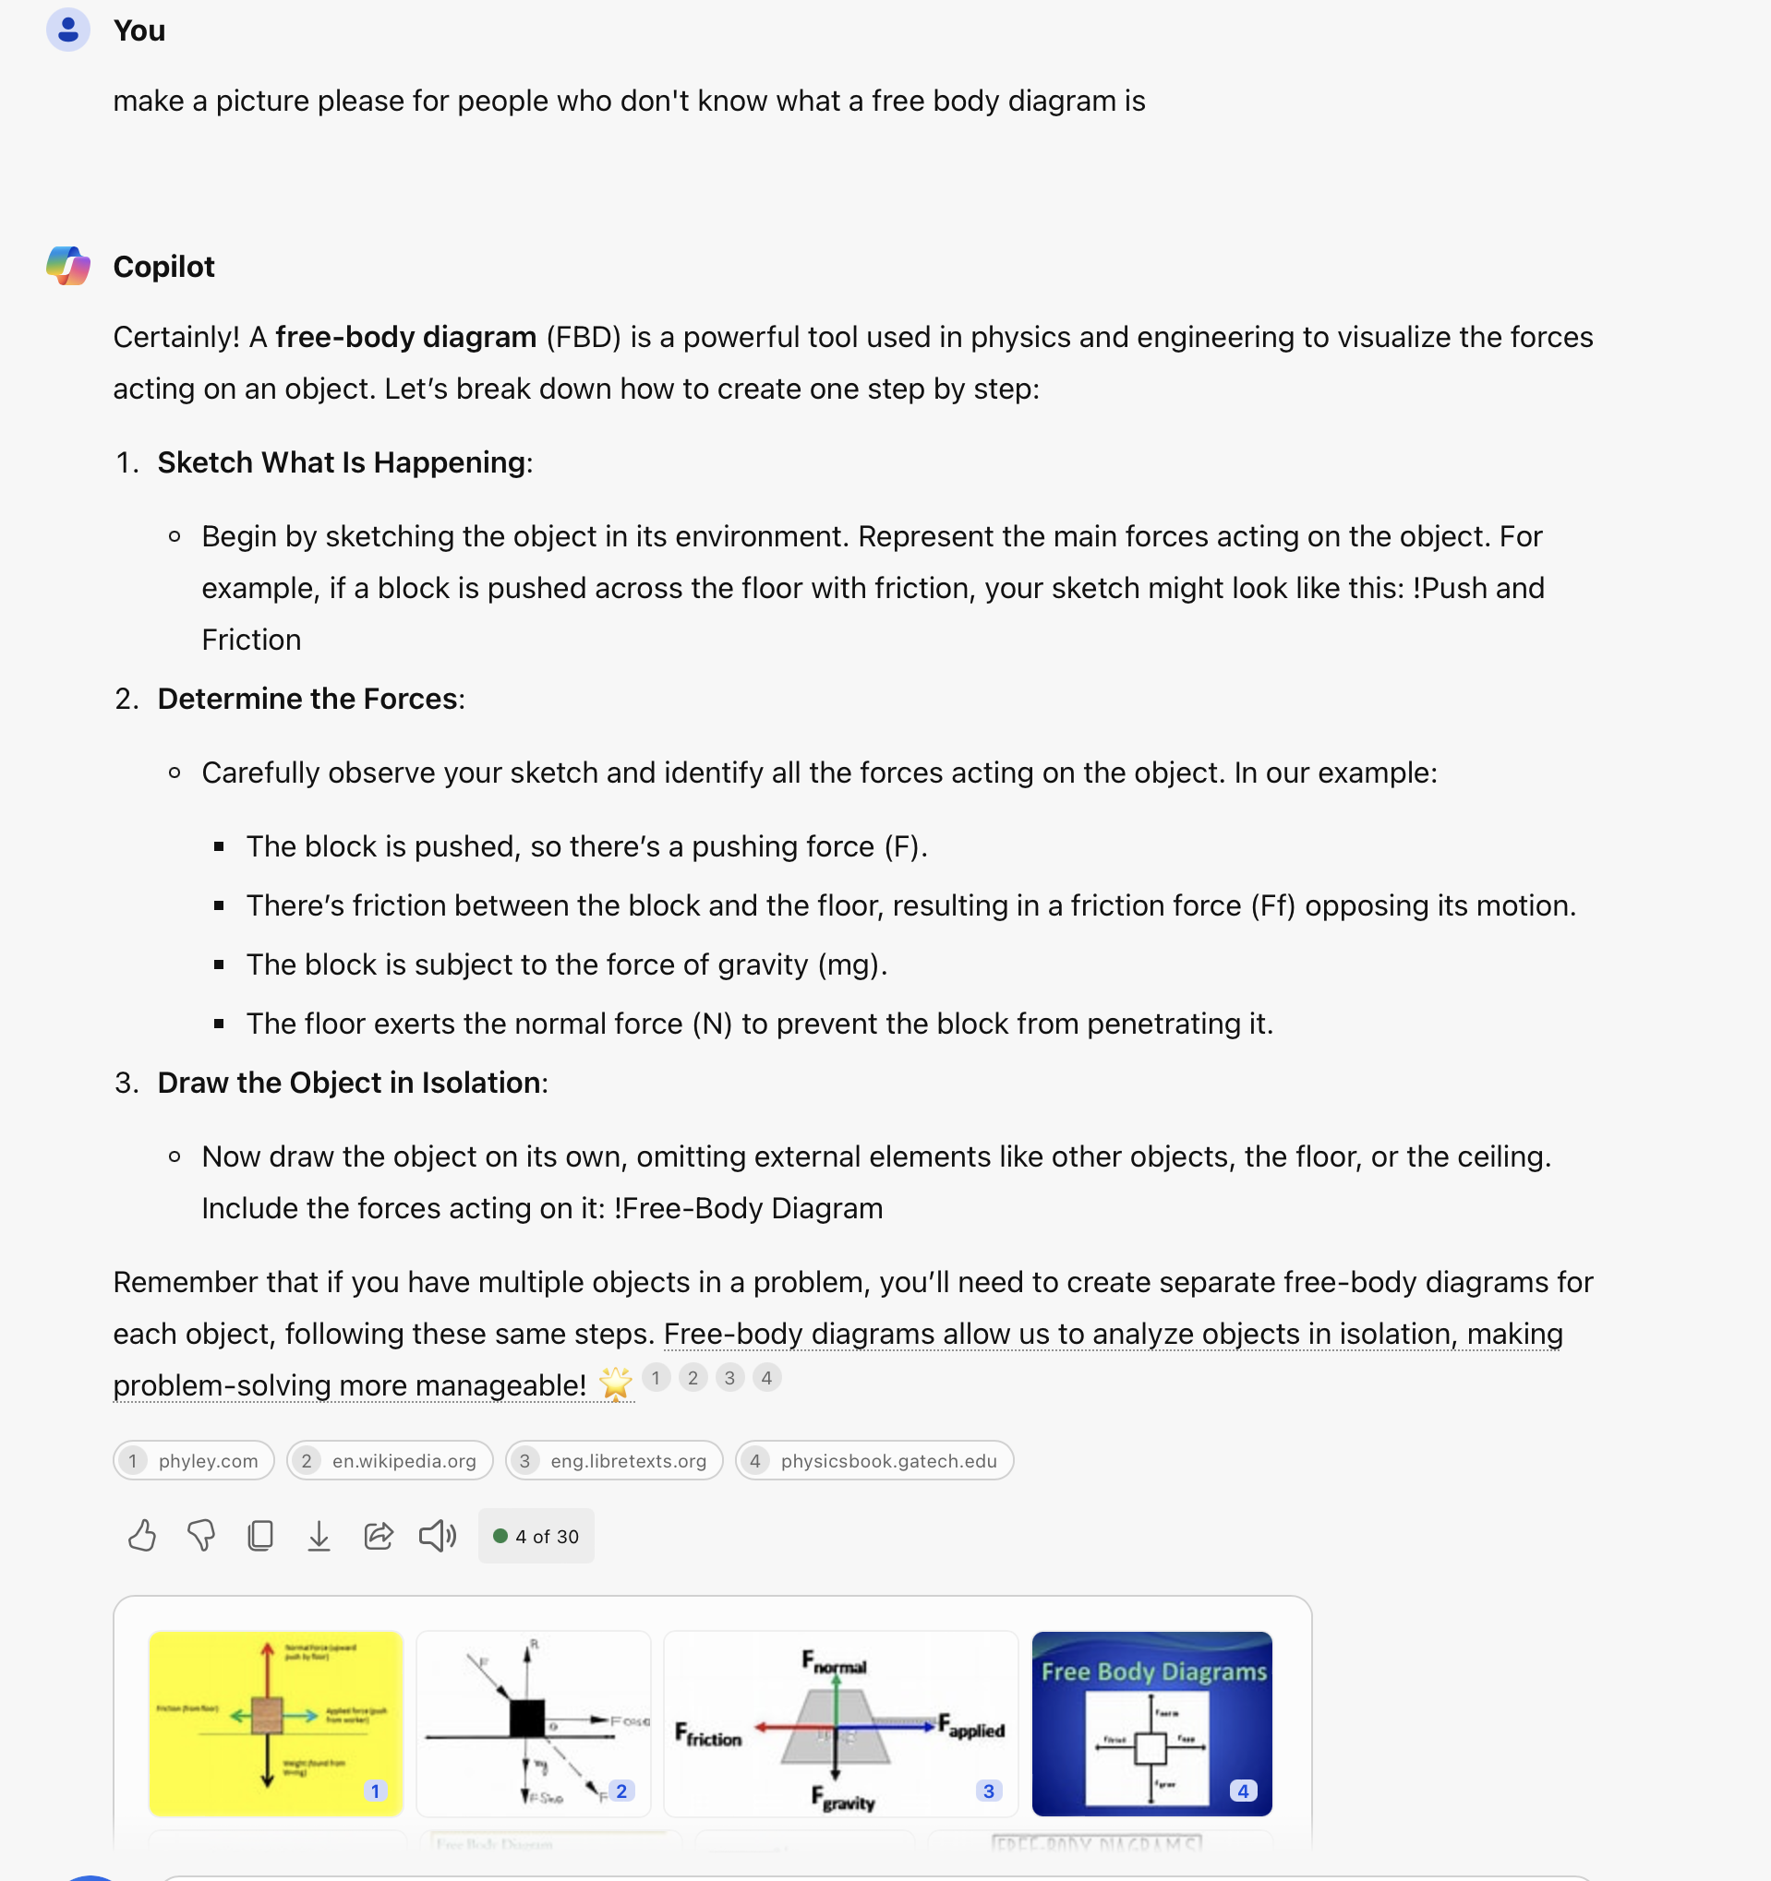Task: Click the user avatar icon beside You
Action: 67,30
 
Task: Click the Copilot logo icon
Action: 68,266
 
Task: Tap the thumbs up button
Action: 142,1536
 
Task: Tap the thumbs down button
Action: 200,1536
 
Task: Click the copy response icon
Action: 260,1536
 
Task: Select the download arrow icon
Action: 319,1536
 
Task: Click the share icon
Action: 379,1536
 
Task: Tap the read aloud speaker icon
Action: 438,1536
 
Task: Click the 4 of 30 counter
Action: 536,1537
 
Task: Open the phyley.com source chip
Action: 194,1461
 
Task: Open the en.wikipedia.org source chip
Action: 390,1461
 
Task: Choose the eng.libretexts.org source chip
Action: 614,1461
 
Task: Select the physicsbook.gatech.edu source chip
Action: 874,1461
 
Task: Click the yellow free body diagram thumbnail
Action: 275,1723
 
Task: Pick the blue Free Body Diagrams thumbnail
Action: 1152,1723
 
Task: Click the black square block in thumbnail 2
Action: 526,1719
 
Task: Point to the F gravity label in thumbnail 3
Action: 842,1799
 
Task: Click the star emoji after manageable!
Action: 615,1384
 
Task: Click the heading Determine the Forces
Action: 307,699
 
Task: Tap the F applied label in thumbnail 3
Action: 972,1728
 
